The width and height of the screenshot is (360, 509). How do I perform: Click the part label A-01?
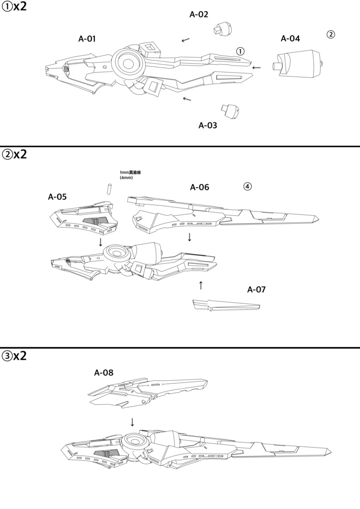(87, 38)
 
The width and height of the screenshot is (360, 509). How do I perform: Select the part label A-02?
(199, 14)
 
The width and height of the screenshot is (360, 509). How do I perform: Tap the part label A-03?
(208, 125)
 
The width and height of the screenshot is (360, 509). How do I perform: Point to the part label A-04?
(290, 38)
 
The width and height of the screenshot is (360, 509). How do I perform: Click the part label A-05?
(58, 196)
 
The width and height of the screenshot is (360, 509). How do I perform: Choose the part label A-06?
(199, 187)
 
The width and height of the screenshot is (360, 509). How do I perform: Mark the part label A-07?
(257, 289)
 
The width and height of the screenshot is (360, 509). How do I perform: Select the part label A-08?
(103, 372)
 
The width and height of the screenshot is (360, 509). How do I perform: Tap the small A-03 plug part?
(230, 112)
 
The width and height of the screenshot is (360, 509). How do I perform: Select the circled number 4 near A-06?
(248, 187)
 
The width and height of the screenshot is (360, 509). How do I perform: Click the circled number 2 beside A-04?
(331, 35)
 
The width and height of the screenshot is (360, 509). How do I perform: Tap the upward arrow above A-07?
(201, 285)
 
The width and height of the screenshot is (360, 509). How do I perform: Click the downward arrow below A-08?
(132, 422)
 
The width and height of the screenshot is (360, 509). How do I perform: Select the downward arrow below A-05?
(100, 242)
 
